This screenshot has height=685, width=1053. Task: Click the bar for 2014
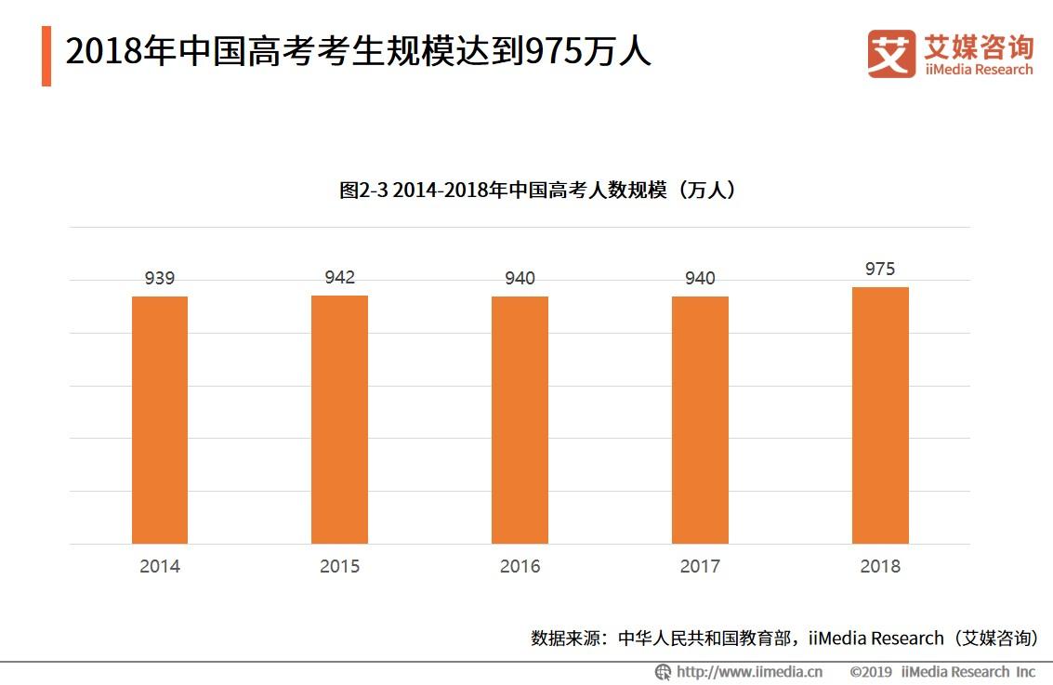point(160,419)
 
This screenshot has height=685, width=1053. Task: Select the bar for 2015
point(339,419)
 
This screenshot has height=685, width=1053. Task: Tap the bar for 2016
point(520,419)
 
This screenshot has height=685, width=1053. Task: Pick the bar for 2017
point(700,419)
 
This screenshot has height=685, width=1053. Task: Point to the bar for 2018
point(880,415)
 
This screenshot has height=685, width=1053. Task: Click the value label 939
point(160,278)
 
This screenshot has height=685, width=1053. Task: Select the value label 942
point(339,277)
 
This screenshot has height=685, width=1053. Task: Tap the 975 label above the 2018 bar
point(880,269)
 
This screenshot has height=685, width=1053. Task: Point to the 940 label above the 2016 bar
point(520,278)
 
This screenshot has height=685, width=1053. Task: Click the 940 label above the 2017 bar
point(700,278)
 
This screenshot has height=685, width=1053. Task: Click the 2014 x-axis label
point(160,566)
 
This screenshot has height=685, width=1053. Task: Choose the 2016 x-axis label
point(520,566)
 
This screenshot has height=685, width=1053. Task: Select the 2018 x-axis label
point(880,566)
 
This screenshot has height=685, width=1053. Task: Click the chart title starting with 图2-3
point(538,191)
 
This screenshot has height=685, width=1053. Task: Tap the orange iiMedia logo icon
point(890,54)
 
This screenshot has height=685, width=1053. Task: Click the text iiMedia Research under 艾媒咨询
point(978,70)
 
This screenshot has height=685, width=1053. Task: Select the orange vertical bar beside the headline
point(46,56)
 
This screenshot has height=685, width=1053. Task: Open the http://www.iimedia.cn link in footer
point(749,671)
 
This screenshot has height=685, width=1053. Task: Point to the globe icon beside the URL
point(664,671)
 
